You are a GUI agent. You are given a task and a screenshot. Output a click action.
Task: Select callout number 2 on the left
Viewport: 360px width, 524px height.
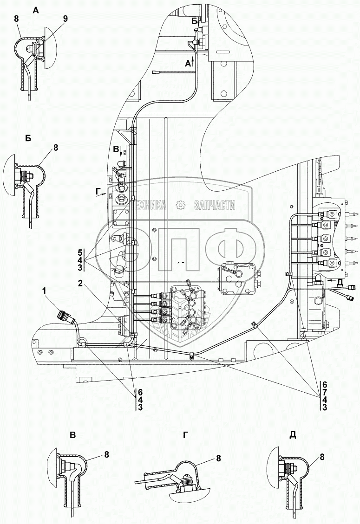[x=80, y=283]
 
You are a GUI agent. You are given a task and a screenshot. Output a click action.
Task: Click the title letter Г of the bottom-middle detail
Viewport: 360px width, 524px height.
[x=186, y=435]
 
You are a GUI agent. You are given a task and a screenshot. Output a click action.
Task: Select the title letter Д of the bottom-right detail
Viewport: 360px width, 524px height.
[x=293, y=435]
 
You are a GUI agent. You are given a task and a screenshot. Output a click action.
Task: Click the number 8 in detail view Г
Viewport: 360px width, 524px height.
[x=218, y=459]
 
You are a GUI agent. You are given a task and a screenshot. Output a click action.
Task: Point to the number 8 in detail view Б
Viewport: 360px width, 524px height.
[x=56, y=148]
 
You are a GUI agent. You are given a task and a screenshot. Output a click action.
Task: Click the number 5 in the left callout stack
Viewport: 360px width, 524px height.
[x=80, y=252]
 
